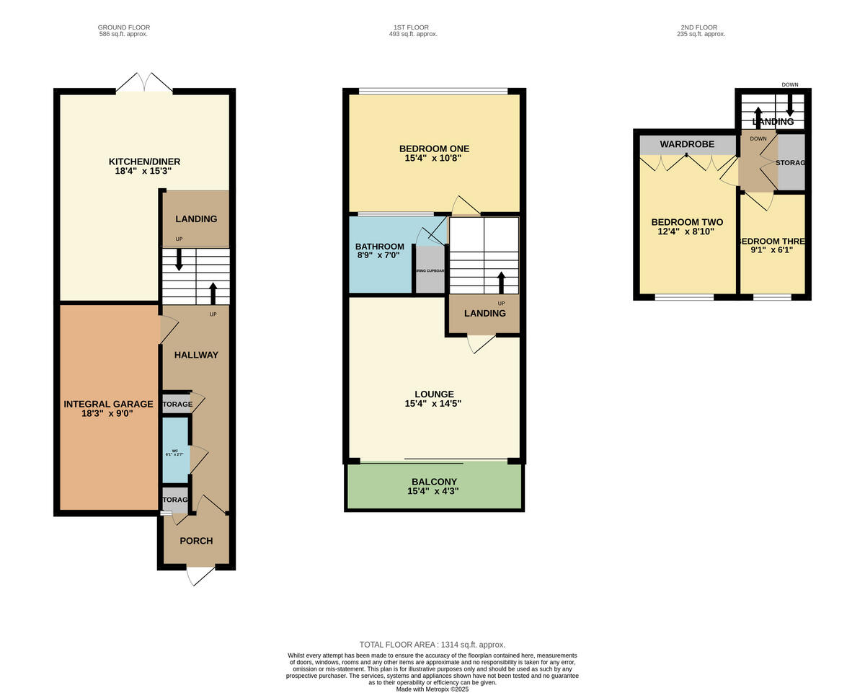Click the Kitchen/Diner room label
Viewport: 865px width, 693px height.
[x=144, y=162]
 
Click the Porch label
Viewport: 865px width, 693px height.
[x=196, y=541]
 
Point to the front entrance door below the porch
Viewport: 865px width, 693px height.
[x=200, y=575]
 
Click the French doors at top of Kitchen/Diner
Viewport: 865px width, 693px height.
[x=144, y=83]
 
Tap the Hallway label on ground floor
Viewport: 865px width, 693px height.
[x=196, y=355]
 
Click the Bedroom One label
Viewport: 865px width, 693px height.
[x=434, y=149]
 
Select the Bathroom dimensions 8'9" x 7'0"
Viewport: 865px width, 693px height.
[x=378, y=255]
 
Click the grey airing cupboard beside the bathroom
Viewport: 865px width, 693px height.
[x=430, y=270]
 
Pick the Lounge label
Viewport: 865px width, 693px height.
[x=433, y=394]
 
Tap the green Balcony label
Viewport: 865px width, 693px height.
[x=434, y=482]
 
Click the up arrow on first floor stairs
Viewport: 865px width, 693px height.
[x=501, y=283]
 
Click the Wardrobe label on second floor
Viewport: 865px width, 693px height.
[x=687, y=144]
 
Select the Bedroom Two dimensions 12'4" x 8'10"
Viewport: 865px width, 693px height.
[x=686, y=232]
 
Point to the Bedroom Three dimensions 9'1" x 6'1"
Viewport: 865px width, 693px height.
[x=772, y=250]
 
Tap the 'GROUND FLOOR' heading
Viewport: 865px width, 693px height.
[x=124, y=27]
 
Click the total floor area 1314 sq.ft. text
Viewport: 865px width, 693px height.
[x=432, y=645]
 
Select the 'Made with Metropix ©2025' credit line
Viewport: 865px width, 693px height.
[x=432, y=689]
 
